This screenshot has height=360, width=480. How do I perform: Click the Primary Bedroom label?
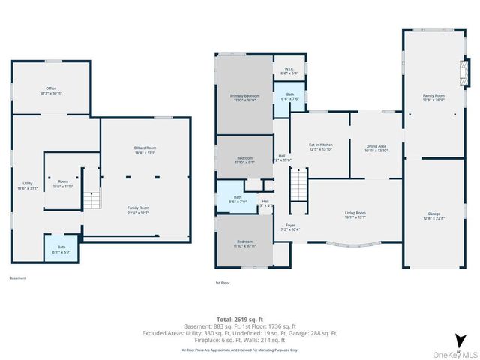tap(244, 98)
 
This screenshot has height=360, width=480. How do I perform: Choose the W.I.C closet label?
tap(289, 71)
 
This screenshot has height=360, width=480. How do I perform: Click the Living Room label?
tap(355, 216)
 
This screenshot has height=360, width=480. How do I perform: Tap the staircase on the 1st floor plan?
tap(298, 182)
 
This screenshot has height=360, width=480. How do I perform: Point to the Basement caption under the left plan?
tap(18, 277)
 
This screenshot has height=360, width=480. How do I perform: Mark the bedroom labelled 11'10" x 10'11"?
tap(244, 243)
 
